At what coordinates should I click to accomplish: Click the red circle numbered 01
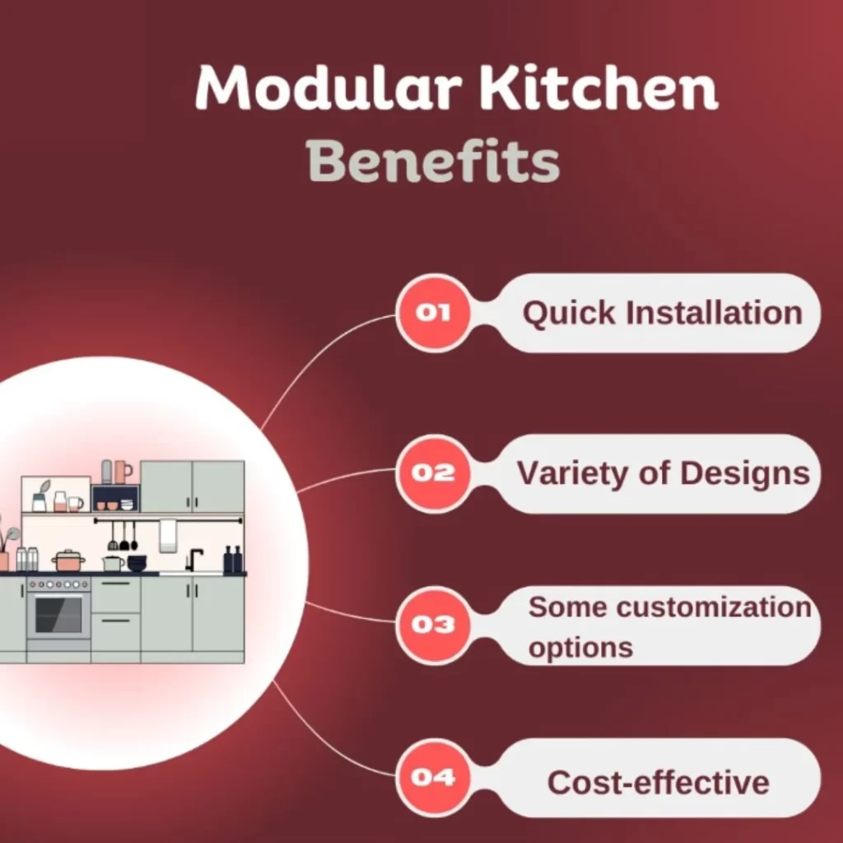tap(434, 313)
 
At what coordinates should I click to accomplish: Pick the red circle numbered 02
tap(434, 473)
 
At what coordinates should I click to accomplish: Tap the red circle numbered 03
tap(434, 625)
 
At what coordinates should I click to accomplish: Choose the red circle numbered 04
tap(434, 777)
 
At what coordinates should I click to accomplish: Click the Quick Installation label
tap(662, 314)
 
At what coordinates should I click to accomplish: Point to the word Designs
tap(744, 473)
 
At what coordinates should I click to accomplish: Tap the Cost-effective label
tap(658, 781)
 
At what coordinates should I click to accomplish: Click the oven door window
tap(58, 614)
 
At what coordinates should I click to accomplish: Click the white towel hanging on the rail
tap(168, 535)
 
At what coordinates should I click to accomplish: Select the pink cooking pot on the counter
tap(68, 561)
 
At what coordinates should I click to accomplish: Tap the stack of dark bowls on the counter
tap(137, 563)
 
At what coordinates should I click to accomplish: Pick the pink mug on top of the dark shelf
tap(123, 472)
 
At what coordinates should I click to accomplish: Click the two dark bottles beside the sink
tap(233, 560)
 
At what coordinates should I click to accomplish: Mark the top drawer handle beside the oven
tap(115, 584)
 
